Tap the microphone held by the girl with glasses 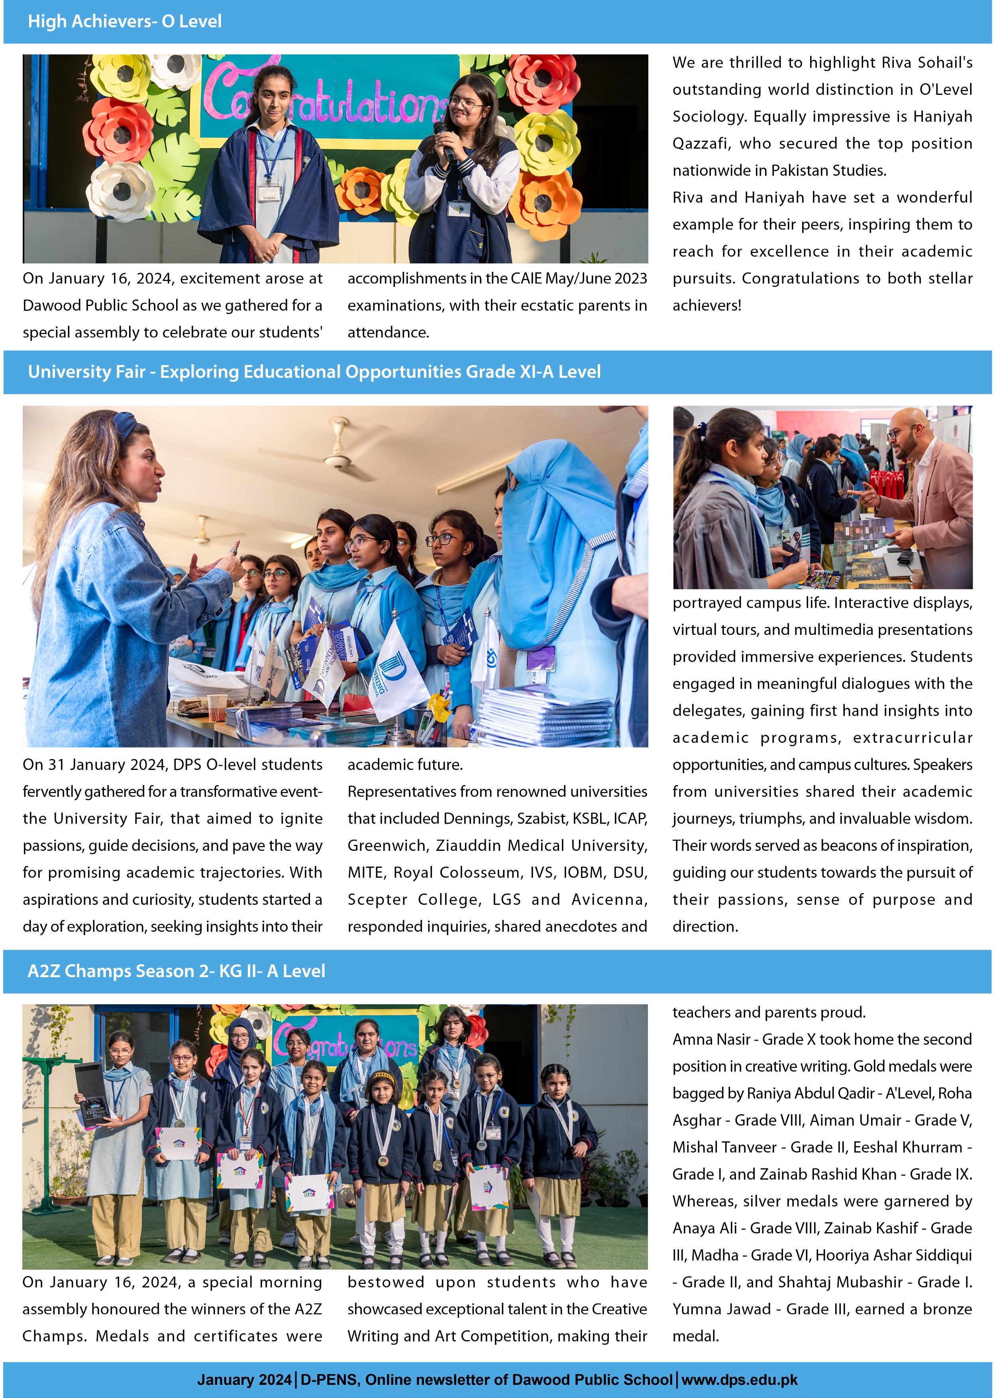coord(445,138)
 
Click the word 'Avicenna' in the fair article coord(609,899)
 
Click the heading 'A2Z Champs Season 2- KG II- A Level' coord(177,971)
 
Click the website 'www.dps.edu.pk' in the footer coord(740,1380)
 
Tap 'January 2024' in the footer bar coord(244,1380)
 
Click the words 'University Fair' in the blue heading coord(86,372)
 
